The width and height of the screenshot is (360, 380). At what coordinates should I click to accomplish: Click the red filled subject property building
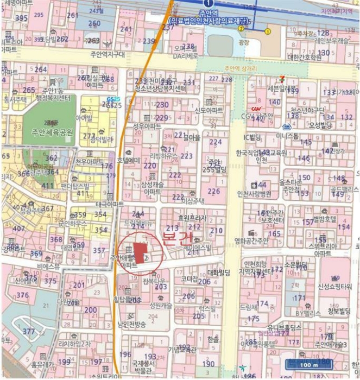click(x=141, y=253)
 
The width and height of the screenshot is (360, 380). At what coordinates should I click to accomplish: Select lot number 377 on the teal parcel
click(x=28, y=331)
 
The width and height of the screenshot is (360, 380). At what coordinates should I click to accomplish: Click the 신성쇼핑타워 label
click(x=336, y=286)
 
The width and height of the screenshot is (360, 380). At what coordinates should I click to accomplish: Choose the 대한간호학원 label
click(x=305, y=56)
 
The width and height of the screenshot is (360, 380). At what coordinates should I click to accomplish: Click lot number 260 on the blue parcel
click(x=94, y=23)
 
